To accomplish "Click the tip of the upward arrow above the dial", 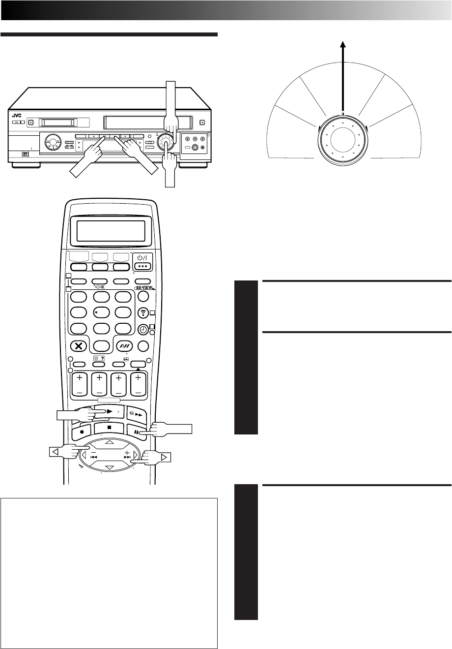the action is (x=343, y=43).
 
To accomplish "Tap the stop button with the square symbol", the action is (x=109, y=428).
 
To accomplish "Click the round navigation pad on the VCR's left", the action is (x=51, y=145).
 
